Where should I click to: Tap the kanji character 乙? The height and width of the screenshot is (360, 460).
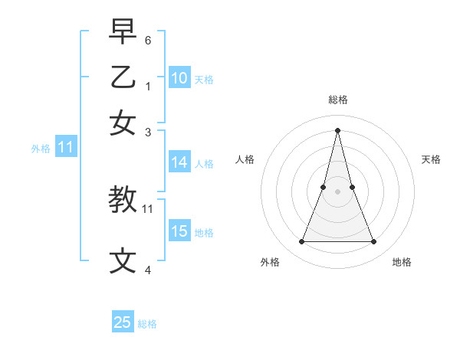point(123,77)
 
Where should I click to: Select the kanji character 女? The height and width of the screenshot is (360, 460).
point(123,123)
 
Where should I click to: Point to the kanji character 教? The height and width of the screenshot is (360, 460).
point(123,200)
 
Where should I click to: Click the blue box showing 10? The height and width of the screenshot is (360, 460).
point(179,78)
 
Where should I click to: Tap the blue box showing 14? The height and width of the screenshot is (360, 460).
point(179,162)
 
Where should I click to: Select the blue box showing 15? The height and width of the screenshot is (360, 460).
point(179,232)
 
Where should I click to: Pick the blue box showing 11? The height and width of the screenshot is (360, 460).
point(66,148)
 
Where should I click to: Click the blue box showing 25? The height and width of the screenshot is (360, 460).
point(123,322)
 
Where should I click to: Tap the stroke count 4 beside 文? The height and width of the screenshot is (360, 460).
point(148,270)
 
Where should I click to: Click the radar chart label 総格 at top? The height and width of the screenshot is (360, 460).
point(337,100)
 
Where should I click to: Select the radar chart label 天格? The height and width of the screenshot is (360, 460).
point(432,159)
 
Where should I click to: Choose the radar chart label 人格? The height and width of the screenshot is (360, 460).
point(245,159)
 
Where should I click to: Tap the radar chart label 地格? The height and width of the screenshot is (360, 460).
point(402,262)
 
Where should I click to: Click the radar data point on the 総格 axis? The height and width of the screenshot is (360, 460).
point(337,130)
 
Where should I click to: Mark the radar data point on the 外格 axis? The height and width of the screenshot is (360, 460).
point(301,242)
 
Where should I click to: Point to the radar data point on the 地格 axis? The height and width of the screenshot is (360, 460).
point(373,242)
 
